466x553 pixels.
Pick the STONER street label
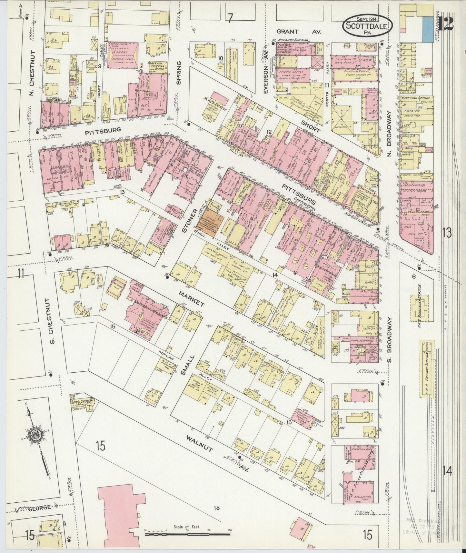(x=184, y=220)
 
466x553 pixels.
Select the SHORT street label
(x=311, y=126)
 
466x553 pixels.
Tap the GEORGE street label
(x=39, y=508)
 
